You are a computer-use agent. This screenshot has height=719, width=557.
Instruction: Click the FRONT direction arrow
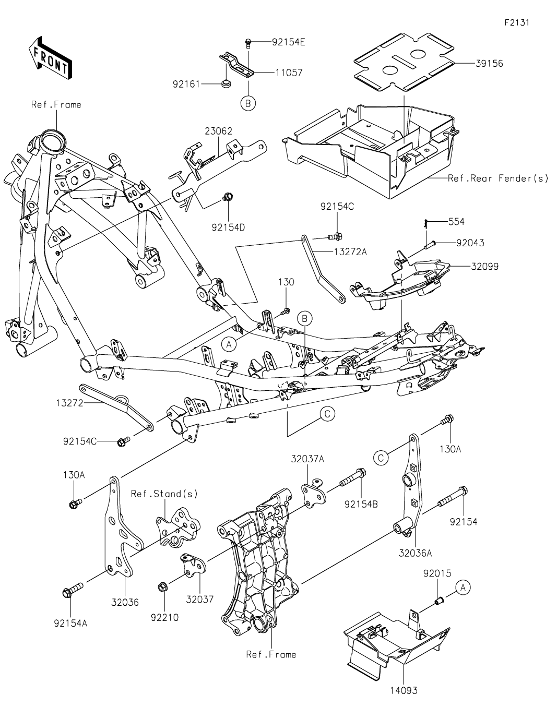tap(50, 57)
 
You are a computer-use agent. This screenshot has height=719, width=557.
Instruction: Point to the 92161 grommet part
tap(226, 83)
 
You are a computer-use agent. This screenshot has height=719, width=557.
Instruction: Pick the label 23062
tap(219, 131)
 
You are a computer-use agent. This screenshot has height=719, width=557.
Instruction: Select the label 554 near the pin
tap(456, 222)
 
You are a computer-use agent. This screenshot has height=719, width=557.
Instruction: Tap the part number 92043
tap(470, 243)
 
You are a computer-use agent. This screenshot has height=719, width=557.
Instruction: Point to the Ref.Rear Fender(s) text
tap(498, 178)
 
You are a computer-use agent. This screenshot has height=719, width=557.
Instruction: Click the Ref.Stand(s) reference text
tap(164, 494)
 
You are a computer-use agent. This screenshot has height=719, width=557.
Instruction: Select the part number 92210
tap(164, 617)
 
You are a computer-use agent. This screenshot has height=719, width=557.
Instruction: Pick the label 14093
tap(404, 690)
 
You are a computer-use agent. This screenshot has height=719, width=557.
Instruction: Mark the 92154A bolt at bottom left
tap(69, 593)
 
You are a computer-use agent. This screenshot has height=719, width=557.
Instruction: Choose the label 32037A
tap(307, 459)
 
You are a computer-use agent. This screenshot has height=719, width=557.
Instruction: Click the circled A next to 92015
tap(463, 588)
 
